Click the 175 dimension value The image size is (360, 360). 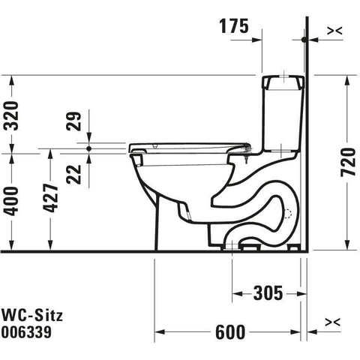coord(234,26)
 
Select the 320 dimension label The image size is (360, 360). coord(12,115)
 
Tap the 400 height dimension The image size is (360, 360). coord(12,201)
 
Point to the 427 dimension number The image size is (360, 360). coord(51,198)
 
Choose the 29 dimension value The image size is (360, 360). coord(74,121)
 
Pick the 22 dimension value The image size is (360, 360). coord(74,175)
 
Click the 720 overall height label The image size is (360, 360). coord(348,162)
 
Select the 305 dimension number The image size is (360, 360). coord(268,293)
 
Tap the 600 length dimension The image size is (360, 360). coord(230,332)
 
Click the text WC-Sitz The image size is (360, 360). coord(32,315)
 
